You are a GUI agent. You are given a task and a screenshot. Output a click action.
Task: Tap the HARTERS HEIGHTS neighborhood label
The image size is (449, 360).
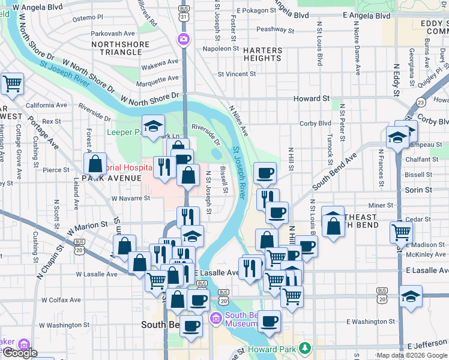263,53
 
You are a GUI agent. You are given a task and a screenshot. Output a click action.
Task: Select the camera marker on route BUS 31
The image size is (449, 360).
183,40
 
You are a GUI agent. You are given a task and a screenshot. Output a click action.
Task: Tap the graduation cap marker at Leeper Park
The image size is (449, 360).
154,126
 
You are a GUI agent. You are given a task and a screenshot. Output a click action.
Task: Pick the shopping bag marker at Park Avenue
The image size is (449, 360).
95,163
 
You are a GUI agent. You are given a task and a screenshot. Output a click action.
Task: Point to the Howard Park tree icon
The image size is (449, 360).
306,348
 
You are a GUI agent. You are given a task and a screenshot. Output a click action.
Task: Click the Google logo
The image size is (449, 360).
19,353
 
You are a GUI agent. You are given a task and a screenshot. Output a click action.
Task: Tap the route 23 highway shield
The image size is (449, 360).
421,103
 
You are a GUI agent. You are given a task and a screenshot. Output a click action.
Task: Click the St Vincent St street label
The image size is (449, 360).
237,74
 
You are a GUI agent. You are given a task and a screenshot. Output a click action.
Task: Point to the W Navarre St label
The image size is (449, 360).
130,197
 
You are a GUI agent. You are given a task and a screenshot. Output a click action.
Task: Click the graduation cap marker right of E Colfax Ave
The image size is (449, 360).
411,296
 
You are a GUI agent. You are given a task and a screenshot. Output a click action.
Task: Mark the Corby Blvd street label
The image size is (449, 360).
316,123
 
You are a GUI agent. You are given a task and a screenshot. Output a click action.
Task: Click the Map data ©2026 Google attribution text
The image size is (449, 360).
412,355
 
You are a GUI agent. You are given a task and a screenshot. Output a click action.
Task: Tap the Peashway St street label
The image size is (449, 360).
274,29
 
